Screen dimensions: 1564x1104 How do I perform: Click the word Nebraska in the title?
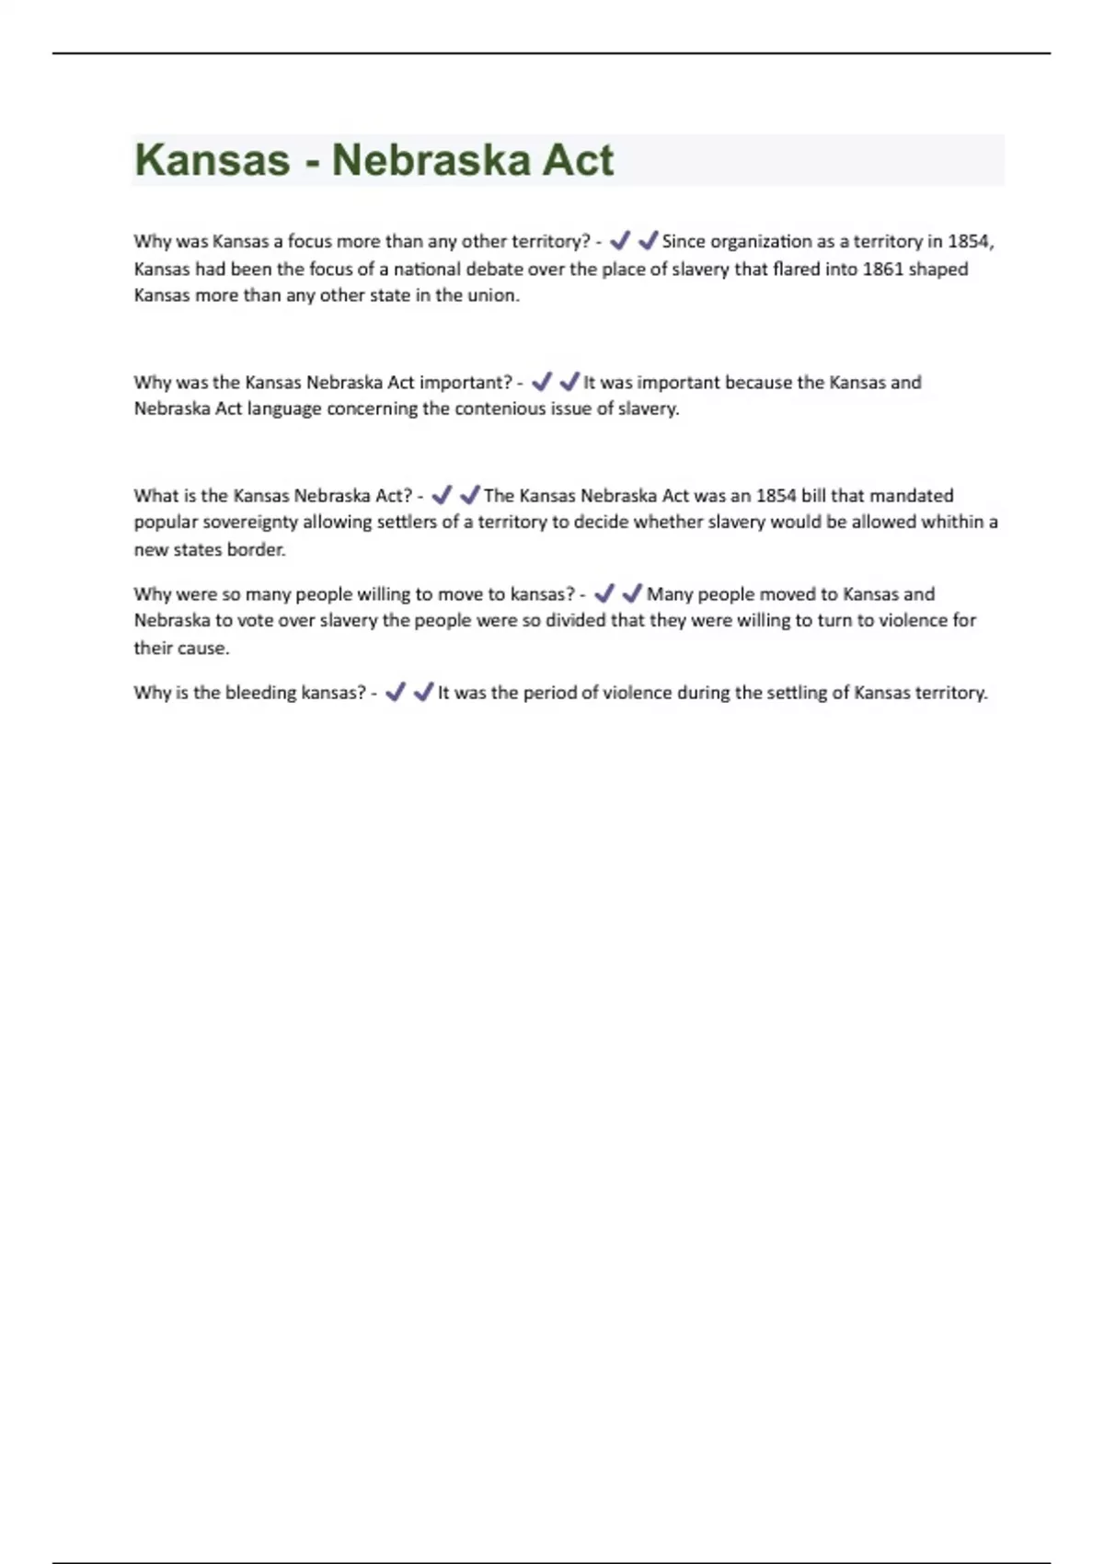pyautogui.click(x=429, y=160)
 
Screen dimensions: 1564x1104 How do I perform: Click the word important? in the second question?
pyautogui.click(x=466, y=383)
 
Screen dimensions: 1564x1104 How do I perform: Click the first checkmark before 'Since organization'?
pyautogui.click(x=620, y=241)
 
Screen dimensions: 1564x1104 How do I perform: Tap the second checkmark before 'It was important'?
pyautogui.click(x=569, y=382)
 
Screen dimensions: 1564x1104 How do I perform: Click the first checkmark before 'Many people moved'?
pyautogui.click(x=604, y=593)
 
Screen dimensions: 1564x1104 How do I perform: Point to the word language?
pyautogui.click(x=283, y=409)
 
